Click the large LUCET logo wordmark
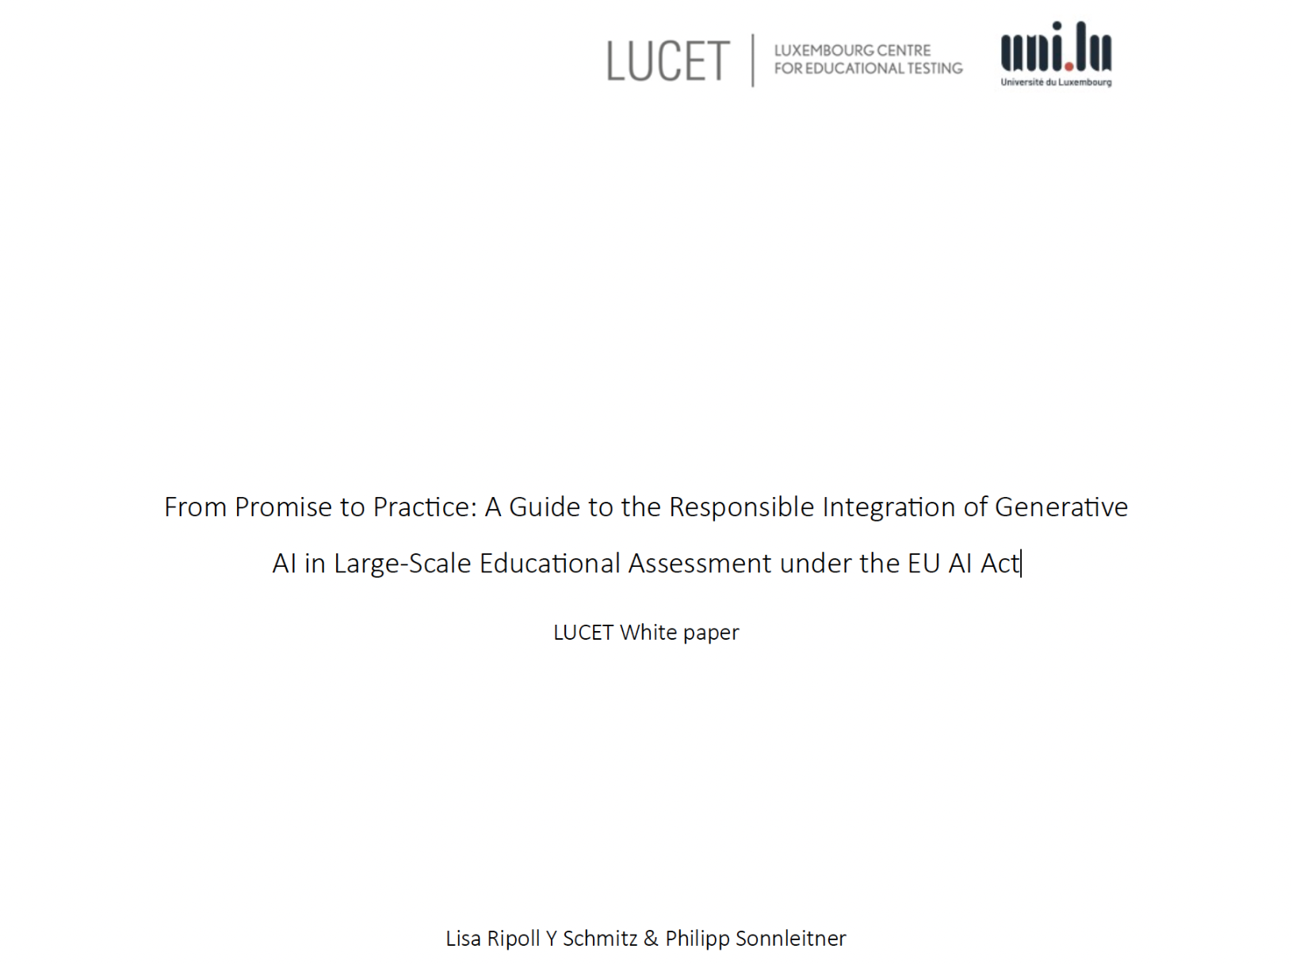pos(667,61)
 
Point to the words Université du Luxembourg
pos(1056,82)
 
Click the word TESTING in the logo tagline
pos(935,69)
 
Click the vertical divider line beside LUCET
pos(752,60)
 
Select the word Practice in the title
pos(424,507)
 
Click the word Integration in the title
pos(889,507)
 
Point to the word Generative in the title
pos(1061,507)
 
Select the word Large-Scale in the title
pos(402,564)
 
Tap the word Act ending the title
pos(1000,564)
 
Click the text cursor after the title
pos(1022,564)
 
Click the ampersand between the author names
pos(651,939)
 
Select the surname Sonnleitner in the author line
pos(790,939)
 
